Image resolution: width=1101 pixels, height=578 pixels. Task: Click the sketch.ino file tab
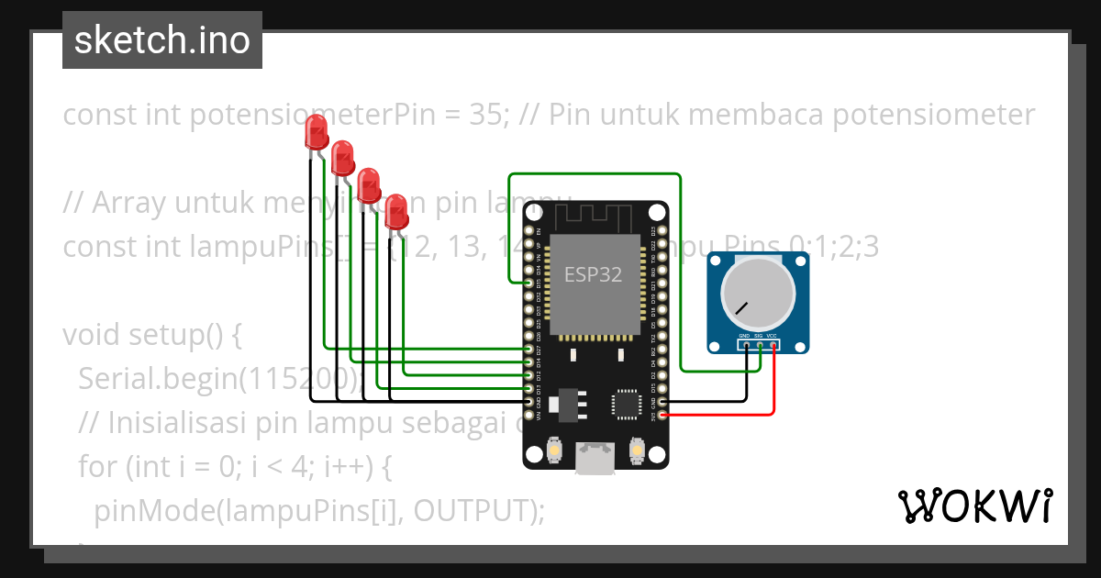162,40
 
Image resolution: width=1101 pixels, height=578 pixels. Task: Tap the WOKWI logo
974,506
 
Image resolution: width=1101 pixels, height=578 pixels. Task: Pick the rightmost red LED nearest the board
395,210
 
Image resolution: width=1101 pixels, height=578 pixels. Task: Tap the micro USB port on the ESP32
595,460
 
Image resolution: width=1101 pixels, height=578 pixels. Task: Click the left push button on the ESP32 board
554,450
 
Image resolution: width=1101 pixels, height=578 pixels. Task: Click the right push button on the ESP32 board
636,450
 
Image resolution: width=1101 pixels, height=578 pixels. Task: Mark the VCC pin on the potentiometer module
773,346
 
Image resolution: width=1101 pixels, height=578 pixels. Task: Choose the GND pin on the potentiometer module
745,346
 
